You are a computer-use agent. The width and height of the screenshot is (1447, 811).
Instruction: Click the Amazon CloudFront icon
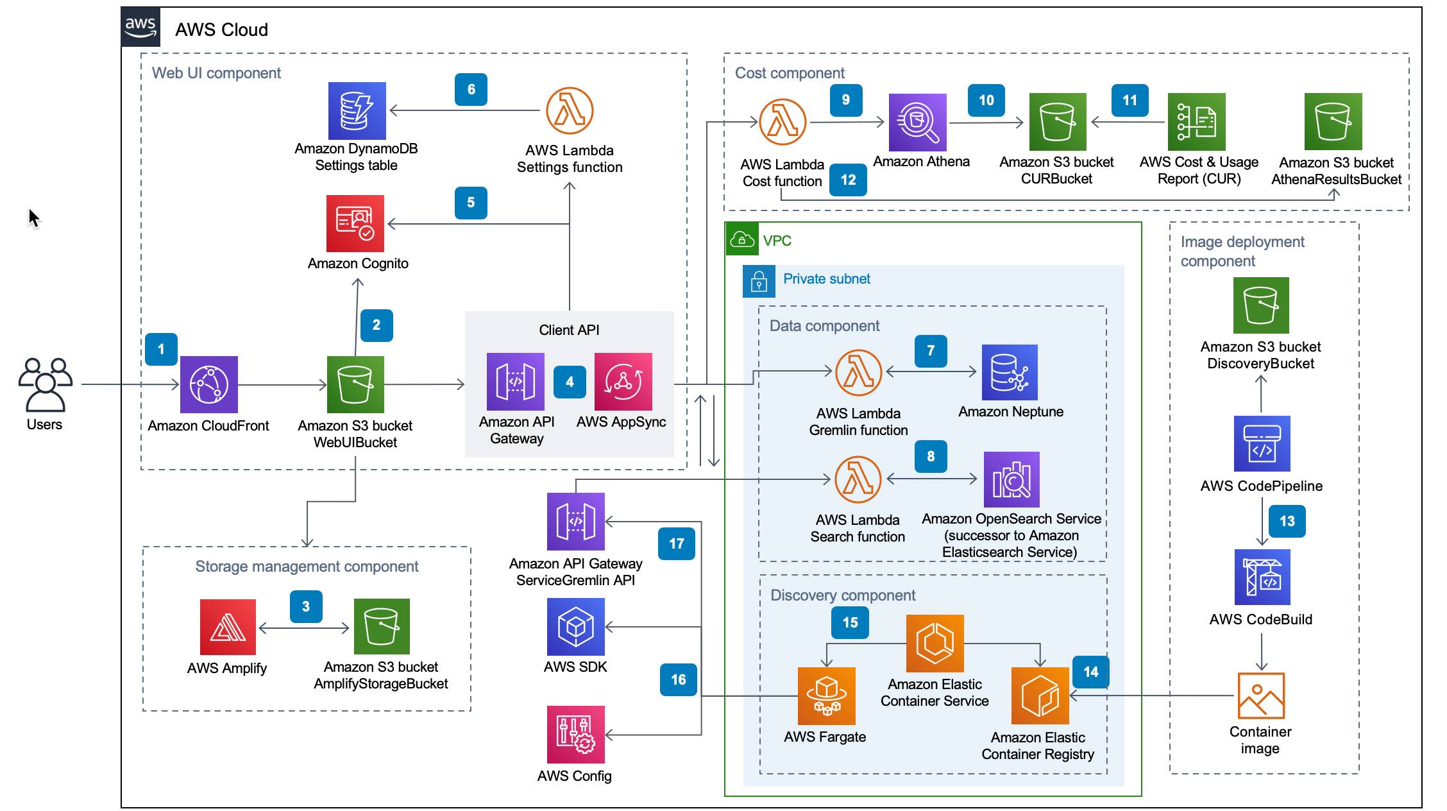coord(208,384)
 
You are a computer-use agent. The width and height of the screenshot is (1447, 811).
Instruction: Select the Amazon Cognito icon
coord(355,223)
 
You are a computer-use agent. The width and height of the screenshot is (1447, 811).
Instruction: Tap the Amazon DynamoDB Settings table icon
coord(357,110)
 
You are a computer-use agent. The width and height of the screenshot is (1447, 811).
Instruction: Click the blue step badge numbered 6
coord(471,89)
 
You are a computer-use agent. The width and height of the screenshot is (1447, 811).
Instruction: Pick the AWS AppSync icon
coord(623,382)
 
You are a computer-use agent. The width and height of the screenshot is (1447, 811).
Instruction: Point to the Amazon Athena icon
coord(917,122)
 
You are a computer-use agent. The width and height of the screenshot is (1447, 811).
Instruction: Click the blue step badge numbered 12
coord(848,180)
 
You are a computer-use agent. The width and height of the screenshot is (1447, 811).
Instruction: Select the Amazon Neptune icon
coord(1010,372)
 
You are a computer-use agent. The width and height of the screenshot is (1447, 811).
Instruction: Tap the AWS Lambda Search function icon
coord(858,479)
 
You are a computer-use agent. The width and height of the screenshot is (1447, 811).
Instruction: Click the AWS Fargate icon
coord(826,696)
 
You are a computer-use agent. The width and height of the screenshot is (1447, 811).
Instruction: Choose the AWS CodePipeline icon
coord(1262,443)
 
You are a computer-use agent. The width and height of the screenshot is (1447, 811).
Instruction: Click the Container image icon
coord(1260,696)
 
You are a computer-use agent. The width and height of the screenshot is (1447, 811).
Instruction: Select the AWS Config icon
coord(575,734)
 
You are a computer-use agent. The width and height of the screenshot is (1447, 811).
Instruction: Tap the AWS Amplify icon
coord(228,627)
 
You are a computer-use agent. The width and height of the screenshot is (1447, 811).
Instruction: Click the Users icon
coord(45,384)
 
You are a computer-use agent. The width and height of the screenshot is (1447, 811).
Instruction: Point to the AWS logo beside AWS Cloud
coord(140,27)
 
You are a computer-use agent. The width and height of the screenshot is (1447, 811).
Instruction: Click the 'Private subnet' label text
coord(826,279)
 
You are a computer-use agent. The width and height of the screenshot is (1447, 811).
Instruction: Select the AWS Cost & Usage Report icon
coord(1196,122)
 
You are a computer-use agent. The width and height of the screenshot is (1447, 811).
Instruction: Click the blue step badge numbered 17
coord(676,543)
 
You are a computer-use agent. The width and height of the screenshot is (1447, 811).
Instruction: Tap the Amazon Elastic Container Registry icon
coord(1039,696)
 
